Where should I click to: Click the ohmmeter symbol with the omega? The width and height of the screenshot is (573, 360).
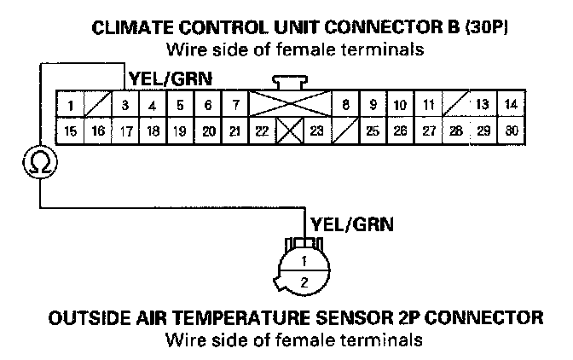point(38,161)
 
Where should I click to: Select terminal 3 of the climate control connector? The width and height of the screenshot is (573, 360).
point(124,106)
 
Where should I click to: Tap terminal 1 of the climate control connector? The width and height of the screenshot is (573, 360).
point(71,106)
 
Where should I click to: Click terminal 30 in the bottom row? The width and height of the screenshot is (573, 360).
point(510,131)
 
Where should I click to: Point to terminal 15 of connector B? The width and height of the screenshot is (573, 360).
point(71,131)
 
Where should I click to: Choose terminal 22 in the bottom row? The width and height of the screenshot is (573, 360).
point(262,131)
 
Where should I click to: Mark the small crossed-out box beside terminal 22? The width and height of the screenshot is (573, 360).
point(289,131)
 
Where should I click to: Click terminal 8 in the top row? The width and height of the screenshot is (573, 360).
point(345,106)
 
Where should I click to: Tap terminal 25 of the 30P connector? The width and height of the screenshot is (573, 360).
point(373,131)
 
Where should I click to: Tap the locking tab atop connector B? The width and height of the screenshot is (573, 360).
point(289,81)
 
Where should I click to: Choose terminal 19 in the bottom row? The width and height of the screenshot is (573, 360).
point(180,131)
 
